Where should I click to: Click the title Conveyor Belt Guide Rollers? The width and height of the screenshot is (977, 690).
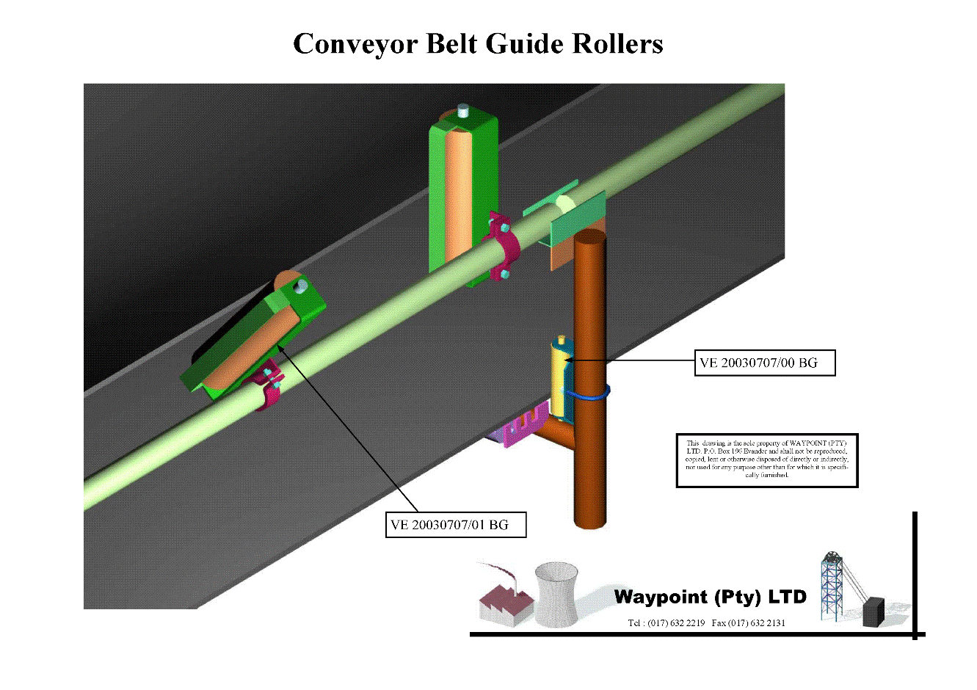(478, 44)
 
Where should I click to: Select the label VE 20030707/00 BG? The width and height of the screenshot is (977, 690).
(763, 363)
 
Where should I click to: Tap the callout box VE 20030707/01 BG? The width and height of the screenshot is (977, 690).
(456, 525)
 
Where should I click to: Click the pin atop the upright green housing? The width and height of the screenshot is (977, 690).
(462, 112)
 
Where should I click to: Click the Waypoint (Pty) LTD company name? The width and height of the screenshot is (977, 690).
(710, 597)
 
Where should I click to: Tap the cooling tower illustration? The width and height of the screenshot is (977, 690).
(555, 595)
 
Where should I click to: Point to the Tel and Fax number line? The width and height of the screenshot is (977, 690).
(706, 623)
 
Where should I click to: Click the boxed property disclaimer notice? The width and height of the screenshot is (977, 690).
(766, 460)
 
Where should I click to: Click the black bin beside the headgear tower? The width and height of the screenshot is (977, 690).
(872, 611)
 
